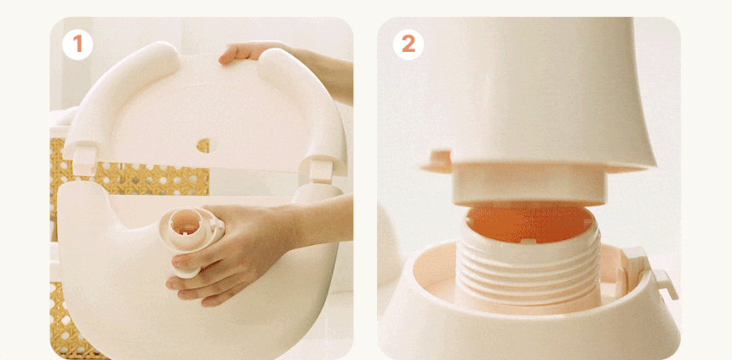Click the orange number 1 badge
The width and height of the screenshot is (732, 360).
[x=77, y=44]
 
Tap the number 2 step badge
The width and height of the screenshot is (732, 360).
[x=408, y=44]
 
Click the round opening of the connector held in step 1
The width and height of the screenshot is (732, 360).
[x=185, y=223]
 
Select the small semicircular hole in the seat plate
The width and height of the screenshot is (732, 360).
[x=203, y=146]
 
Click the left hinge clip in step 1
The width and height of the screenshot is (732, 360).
[x=85, y=161]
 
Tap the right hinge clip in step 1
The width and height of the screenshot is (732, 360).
[x=321, y=169]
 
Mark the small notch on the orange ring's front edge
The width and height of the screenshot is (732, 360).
[x=527, y=242]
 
